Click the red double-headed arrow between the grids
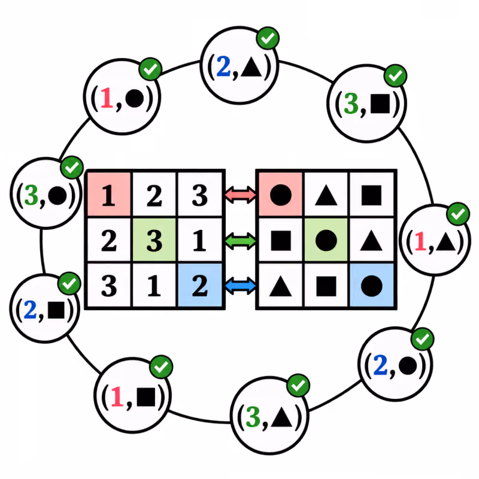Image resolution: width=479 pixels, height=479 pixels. pos(241,195)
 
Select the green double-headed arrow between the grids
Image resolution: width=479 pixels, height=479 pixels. pos(241,241)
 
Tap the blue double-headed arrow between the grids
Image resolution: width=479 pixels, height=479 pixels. pos(241,286)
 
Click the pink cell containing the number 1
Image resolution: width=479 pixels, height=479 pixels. pos(109,194)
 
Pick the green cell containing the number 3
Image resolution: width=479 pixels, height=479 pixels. pos(154,240)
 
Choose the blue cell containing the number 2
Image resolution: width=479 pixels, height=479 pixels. pos(200,285)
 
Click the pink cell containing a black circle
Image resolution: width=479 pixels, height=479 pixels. pos(281,194)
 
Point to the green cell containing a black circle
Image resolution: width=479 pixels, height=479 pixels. pos(326,240)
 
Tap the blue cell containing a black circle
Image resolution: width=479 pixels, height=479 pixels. pos(371,285)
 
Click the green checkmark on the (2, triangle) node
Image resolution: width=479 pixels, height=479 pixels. pos(268,38)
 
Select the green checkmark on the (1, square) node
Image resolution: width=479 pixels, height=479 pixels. pos(161,366)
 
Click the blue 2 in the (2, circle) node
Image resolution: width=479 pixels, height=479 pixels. pos(380,365)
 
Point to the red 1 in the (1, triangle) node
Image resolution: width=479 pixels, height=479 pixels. pos(420,241)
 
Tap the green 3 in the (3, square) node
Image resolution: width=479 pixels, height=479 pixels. pos(351,104)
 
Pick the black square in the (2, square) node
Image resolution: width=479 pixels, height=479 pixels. pos(56,310)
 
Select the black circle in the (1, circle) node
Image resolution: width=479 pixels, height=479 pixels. pos(134,98)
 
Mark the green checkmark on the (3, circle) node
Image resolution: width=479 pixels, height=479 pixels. pos(72,168)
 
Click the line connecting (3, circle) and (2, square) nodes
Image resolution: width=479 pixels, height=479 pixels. pos(42,251)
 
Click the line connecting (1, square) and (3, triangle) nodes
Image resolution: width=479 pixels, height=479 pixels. pos(199,419)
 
